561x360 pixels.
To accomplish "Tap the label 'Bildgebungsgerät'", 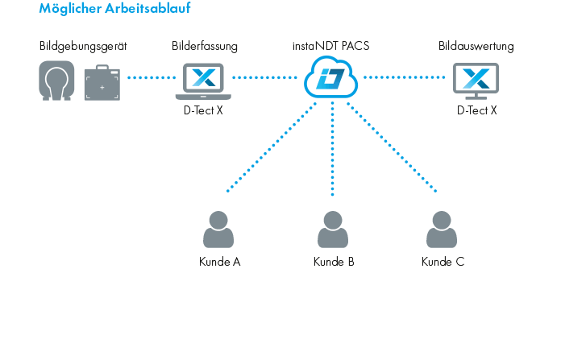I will click(83, 46).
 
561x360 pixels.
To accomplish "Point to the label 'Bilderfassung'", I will click(205, 46).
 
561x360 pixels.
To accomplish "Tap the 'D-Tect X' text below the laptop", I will click(203, 110).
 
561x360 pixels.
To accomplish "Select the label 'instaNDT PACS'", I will click(330, 46).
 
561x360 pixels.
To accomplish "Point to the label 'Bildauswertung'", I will click(476, 46).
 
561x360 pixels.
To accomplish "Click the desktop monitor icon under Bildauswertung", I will click(476, 81).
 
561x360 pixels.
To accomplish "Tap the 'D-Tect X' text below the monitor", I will click(476, 110).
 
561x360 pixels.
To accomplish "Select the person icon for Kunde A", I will click(218, 230).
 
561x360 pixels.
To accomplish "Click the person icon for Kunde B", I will click(333, 230).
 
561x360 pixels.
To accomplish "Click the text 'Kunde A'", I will click(219, 262).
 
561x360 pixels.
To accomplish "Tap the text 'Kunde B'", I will click(334, 262).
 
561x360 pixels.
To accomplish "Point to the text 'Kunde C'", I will click(443, 262).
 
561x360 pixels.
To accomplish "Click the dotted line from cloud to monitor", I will click(404, 77).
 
